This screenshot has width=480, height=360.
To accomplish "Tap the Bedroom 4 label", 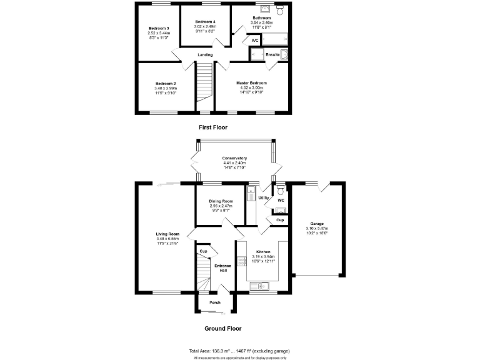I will click(x=205, y=22).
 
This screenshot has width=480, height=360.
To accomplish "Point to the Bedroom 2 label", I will click(x=166, y=84).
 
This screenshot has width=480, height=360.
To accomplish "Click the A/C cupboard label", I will click(x=254, y=41).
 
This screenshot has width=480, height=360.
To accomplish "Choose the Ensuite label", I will click(x=272, y=54).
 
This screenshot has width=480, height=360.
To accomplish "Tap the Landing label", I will click(x=205, y=55).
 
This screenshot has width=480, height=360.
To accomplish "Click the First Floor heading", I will click(x=213, y=127).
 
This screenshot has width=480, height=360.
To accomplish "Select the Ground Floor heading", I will click(x=222, y=328).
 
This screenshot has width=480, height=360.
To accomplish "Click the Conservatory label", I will click(x=235, y=158).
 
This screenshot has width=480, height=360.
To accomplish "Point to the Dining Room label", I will click(x=220, y=200).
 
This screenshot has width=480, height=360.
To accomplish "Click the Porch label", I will click(x=214, y=302).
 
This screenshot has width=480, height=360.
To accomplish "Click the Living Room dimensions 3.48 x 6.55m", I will click(x=167, y=239).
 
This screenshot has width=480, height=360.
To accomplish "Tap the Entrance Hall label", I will click(x=223, y=268).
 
